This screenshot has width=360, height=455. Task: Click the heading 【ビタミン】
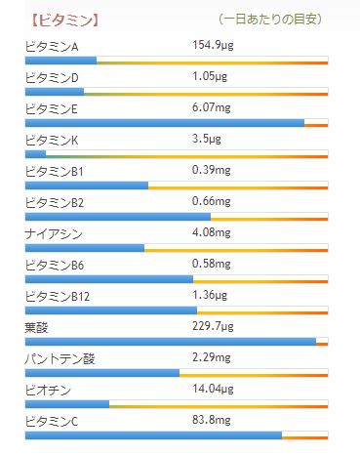point(67,19)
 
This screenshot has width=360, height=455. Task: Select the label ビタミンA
point(52,46)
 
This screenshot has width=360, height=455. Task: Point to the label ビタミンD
point(52,77)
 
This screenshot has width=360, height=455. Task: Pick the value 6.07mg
point(212,107)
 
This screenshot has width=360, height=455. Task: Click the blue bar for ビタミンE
point(164,123)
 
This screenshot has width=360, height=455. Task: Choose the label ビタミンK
point(52,140)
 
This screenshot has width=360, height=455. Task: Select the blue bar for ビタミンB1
point(86,186)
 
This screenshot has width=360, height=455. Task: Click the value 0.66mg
point(212,201)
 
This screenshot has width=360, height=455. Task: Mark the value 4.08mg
point(212,232)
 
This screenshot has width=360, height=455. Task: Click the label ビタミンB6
point(56,265)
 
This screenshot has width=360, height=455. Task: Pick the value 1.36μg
point(212,295)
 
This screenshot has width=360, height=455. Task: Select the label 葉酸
point(36,327)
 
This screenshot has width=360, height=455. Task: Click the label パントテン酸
point(60,358)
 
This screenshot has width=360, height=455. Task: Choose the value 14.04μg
point(215,389)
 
